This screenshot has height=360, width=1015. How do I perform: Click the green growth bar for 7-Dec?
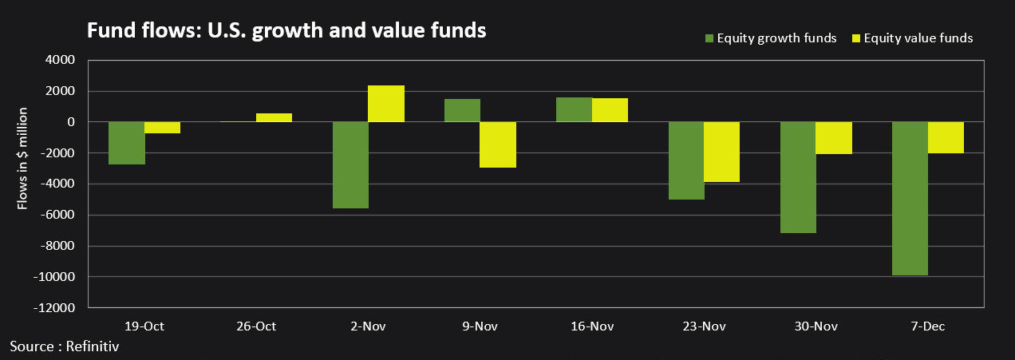pos(909,199)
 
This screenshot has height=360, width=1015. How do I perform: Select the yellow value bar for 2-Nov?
pos(386,104)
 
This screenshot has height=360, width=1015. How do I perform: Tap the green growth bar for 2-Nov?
pos(350,165)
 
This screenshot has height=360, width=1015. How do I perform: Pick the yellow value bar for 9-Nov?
pos(498,144)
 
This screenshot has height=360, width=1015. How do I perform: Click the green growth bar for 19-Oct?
pos(126,143)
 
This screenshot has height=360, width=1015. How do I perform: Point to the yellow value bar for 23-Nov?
pos(721,152)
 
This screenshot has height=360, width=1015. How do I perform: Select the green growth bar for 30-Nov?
pos(797,177)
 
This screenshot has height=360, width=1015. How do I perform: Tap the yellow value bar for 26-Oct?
pos(274,117)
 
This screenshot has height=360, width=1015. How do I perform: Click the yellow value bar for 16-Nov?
pos(610,110)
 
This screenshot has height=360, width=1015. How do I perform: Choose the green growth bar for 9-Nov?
pos(462,110)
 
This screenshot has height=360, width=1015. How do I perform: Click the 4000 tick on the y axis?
pos(61,60)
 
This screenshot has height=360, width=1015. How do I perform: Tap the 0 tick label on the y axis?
pos(70,122)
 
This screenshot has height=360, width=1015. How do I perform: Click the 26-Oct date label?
pos(256,326)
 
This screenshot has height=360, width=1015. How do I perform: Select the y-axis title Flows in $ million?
pos(23,160)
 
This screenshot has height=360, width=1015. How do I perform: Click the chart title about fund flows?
pos(286,30)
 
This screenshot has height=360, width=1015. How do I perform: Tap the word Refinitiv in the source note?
pos(96,346)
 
